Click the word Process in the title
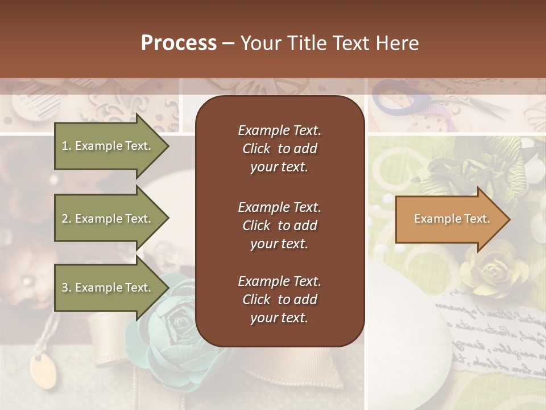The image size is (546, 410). pyautogui.click(x=179, y=43)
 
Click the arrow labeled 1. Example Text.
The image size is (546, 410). pyautogui.click(x=108, y=146)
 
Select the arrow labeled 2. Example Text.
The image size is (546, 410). pyautogui.click(x=108, y=219)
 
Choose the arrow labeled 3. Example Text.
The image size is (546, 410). pyautogui.click(x=108, y=288)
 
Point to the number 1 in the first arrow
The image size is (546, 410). pyautogui.click(x=65, y=146)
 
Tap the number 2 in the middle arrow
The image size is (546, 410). pyautogui.click(x=65, y=219)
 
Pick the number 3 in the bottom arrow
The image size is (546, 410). pyautogui.click(x=65, y=288)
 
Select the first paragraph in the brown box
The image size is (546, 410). pyautogui.click(x=279, y=149)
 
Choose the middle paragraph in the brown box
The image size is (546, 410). pyautogui.click(x=279, y=225)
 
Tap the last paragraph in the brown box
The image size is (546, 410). pyautogui.click(x=279, y=300)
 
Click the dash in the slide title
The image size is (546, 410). pyautogui.click(x=229, y=44)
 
